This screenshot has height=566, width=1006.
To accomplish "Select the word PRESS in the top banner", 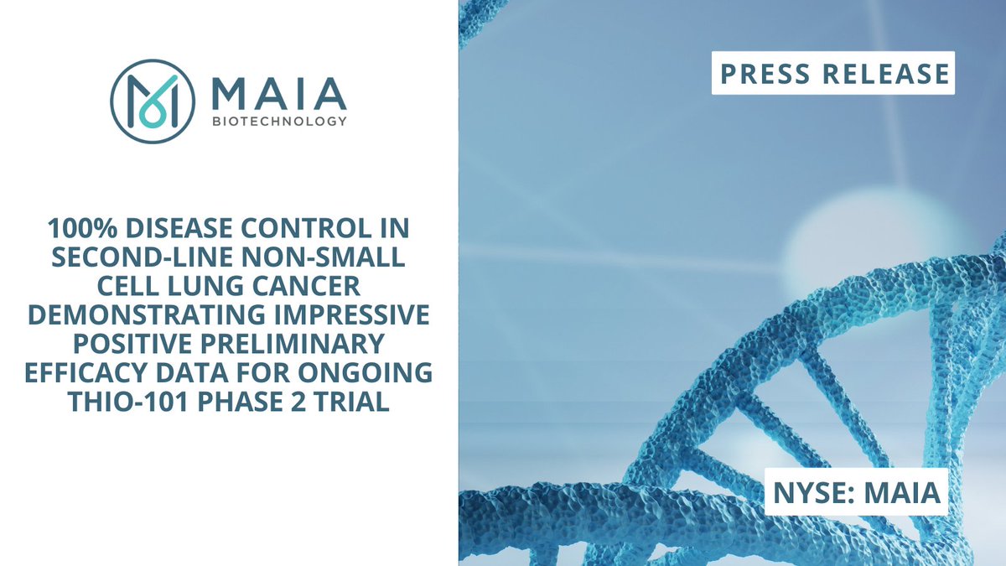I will [760, 73].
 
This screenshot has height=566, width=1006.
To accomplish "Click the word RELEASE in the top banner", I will [885, 73].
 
